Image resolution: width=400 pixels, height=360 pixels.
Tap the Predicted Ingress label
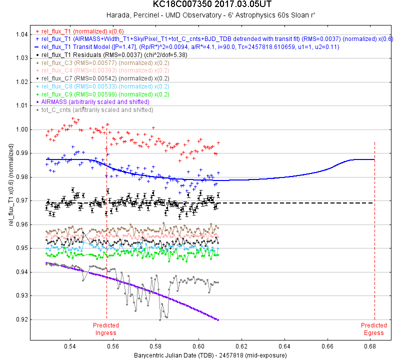coord(106,329)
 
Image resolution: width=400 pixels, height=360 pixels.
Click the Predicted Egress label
coord(374,329)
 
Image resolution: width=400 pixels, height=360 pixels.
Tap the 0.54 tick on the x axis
coord(70,345)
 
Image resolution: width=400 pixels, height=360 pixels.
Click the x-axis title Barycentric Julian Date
coord(210,355)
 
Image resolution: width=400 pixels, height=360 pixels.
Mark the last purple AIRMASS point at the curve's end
coord(218,319)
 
